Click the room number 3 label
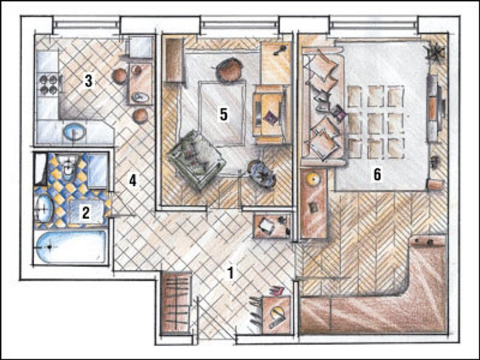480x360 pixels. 89,81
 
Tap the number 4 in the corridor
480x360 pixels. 132,181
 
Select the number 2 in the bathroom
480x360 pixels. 85,212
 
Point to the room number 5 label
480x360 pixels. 224,115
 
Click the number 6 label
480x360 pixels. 378,174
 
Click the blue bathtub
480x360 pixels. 71,247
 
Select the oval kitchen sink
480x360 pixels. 74,132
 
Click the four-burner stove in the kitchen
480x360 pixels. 49,85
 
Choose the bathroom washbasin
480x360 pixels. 43,208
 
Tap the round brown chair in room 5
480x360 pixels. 229,70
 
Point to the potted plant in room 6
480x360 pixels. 435,53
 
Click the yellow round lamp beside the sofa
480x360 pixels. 313,180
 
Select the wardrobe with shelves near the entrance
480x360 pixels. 176,303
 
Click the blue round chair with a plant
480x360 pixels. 262,173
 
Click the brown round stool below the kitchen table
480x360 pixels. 140,116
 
